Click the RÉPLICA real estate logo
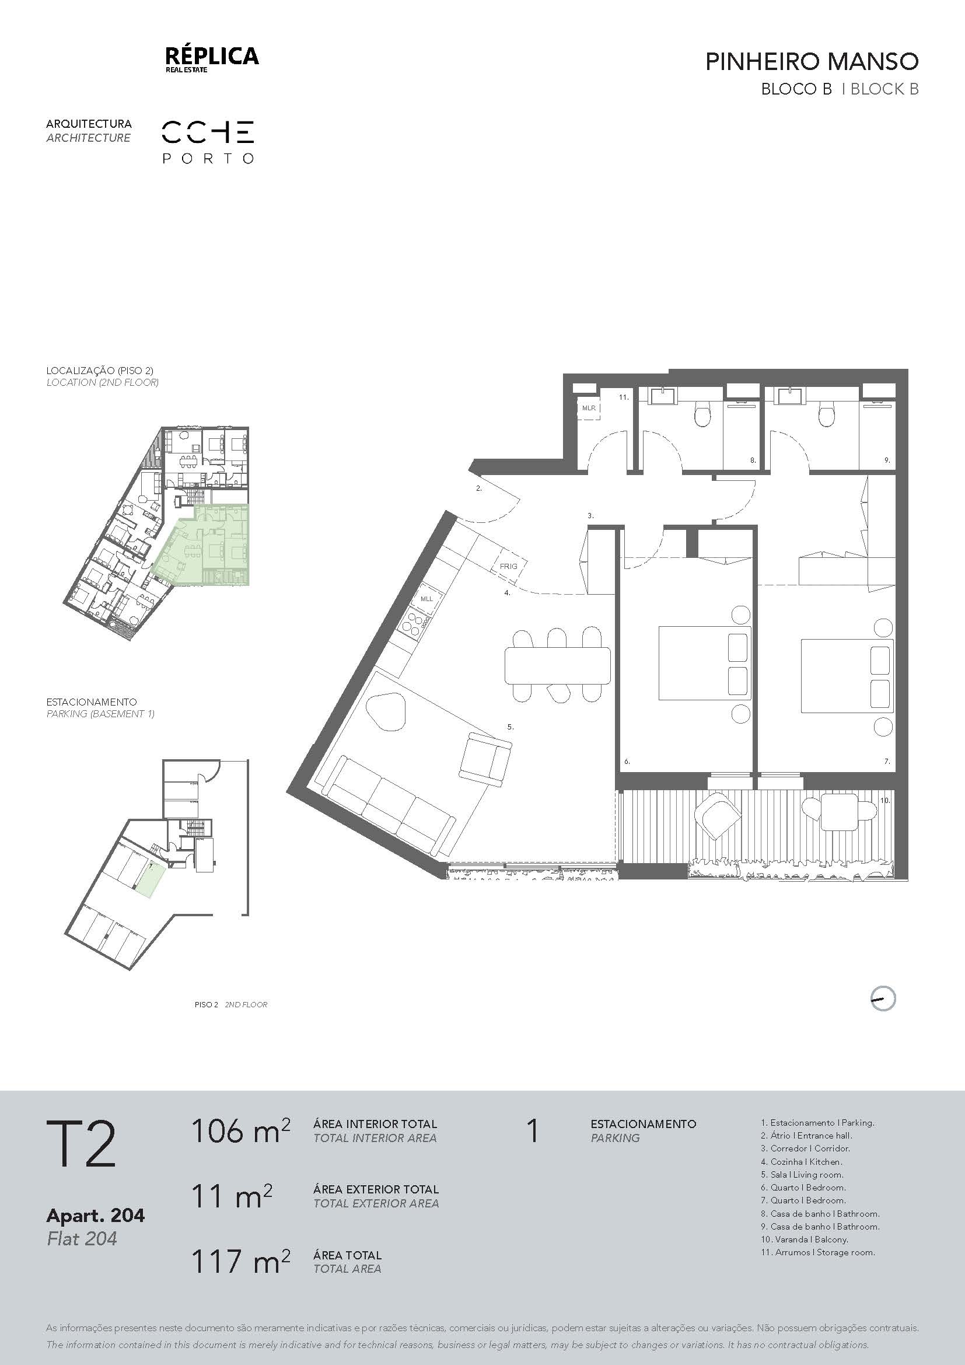pyautogui.click(x=212, y=60)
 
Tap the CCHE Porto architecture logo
pyautogui.click(x=208, y=142)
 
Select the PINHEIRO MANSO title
pyautogui.click(x=812, y=62)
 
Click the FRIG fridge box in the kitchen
pyautogui.click(x=509, y=565)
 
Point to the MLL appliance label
pyautogui.click(x=426, y=599)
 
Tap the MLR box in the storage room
pyautogui.click(x=589, y=409)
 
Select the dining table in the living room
pyautogui.click(x=557, y=665)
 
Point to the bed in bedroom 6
pyautogui.click(x=705, y=662)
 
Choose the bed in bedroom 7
pyautogui.click(x=847, y=675)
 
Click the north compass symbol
pyautogui.click(x=882, y=998)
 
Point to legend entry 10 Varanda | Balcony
pyautogui.click(x=805, y=1240)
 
